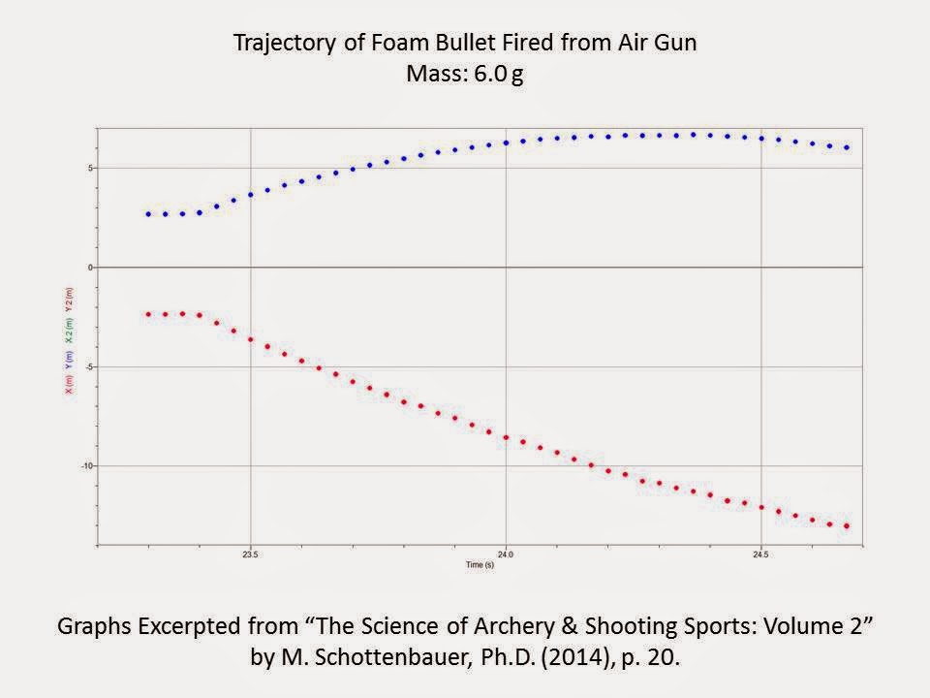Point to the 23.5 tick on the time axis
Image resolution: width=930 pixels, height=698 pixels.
251,555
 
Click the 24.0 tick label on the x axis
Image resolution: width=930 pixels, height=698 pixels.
505,555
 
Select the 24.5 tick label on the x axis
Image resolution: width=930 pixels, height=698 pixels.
760,555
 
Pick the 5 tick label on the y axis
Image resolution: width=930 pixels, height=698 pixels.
90,168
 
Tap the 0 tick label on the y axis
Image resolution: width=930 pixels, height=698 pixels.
90,267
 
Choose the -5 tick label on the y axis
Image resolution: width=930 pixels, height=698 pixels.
88,366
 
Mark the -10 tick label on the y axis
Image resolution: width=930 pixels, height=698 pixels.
86,466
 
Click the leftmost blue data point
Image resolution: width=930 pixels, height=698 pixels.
148,214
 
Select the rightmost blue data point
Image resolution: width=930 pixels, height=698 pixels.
848,147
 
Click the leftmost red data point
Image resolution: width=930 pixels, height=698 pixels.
148,314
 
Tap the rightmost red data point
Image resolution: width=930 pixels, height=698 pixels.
848,526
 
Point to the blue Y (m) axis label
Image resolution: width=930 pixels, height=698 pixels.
69,358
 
